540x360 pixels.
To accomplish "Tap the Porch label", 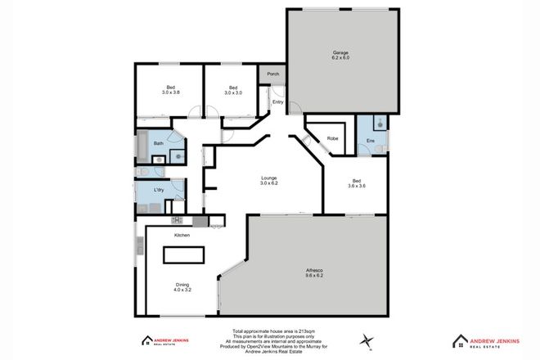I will coord(272,74).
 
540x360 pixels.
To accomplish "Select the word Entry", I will coord(278,102).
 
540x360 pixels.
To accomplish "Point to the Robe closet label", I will coord(333,138).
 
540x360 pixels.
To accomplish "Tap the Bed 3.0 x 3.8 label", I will coord(171,90).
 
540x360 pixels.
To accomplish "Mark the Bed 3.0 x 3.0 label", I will coord(233,90).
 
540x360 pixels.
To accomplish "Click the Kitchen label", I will coord(182,236).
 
